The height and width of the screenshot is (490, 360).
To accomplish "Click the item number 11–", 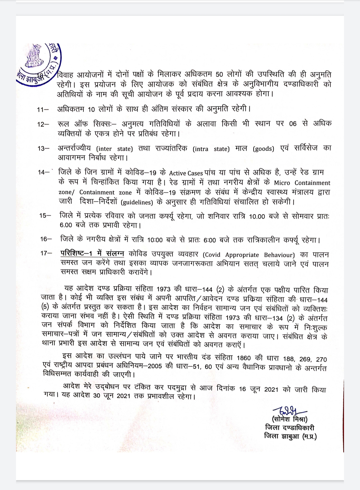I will click(x=43, y=110).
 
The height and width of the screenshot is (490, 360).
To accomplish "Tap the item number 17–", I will click(x=46, y=253).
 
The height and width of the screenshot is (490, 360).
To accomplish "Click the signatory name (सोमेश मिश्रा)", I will click(x=289, y=419).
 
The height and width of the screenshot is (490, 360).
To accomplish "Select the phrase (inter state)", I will click(x=114, y=149).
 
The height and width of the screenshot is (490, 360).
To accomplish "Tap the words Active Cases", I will click(x=186, y=173).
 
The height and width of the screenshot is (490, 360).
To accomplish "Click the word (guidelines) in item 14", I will click(x=137, y=202).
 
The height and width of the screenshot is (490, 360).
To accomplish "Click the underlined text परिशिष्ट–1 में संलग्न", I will click(x=92, y=253).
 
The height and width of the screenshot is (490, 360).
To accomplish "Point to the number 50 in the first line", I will click(x=219, y=75).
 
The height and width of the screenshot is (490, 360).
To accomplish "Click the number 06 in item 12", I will click(x=293, y=124).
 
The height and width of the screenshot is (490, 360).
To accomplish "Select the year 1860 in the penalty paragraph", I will click(x=244, y=358).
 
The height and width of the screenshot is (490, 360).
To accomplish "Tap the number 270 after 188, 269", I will click(x=321, y=359).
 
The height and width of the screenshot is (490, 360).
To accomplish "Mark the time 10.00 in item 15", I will click(x=257, y=216).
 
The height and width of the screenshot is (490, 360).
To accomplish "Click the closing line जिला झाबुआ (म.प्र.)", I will click(x=290, y=436).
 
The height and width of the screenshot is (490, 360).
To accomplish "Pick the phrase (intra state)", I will click(x=211, y=149).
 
